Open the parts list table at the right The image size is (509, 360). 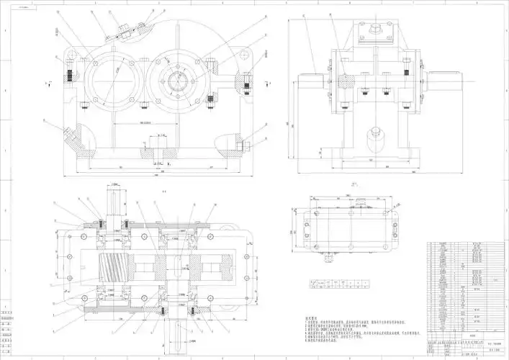pos(465,288)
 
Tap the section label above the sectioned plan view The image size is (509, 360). pos(164,192)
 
